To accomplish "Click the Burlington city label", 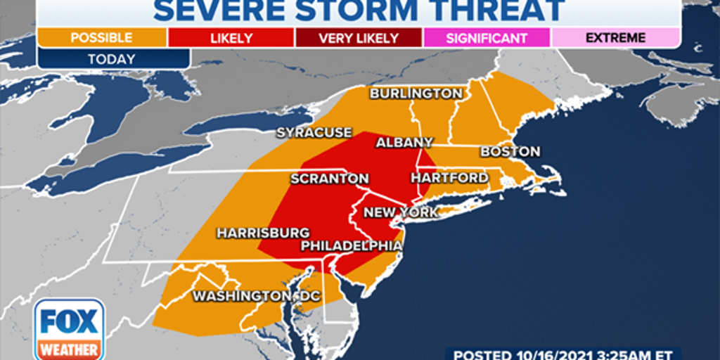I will [416, 94].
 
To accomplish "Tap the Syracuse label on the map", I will [314, 132].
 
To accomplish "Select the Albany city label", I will [404, 142].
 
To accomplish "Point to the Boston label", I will [510, 151].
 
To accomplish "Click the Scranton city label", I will [330, 179].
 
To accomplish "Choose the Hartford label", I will [449, 178].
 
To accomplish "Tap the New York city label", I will [401, 212].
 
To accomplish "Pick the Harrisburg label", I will [263, 233].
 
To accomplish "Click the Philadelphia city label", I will [352, 245].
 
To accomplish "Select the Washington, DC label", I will [257, 296].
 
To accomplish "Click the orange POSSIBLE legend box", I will [101, 38].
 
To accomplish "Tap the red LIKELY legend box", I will [231, 38].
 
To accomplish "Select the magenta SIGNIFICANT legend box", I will [487, 38].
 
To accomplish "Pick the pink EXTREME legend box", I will [615, 38].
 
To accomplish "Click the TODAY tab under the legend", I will [112, 59].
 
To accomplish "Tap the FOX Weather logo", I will [69, 329].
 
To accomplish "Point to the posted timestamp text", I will [562, 354].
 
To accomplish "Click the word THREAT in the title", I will [496, 10].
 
